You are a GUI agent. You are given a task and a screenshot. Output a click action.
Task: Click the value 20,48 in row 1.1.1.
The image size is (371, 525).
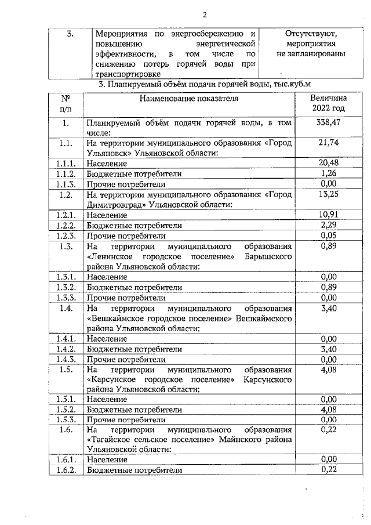[x=328, y=163]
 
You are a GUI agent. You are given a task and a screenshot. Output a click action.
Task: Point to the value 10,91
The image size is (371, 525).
[x=328, y=215]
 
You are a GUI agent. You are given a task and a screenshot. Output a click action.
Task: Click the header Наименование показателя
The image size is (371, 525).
[x=189, y=98]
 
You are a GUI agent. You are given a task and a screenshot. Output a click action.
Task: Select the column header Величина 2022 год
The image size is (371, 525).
[x=328, y=103]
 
